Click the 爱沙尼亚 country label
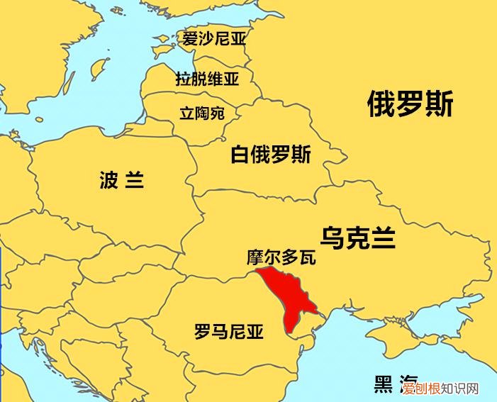pyautogui.click(x=213, y=39)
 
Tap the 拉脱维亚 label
pyautogui.click(x=208, y=79)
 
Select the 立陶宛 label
pyautogui.click(x=201, y=113)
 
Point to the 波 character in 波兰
pyautogui.click(x=108, y=181)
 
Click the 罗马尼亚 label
pyautogui.click(x=228, y=331)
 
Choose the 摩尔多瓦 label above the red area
pyautogui.click(x=281, y=257)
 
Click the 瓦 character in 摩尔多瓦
pyautogui.click(x=307, y=257)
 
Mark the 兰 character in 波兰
pyautogui.click(x=134, y=181)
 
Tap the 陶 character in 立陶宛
pyautogui.click(x=201, y=113)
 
